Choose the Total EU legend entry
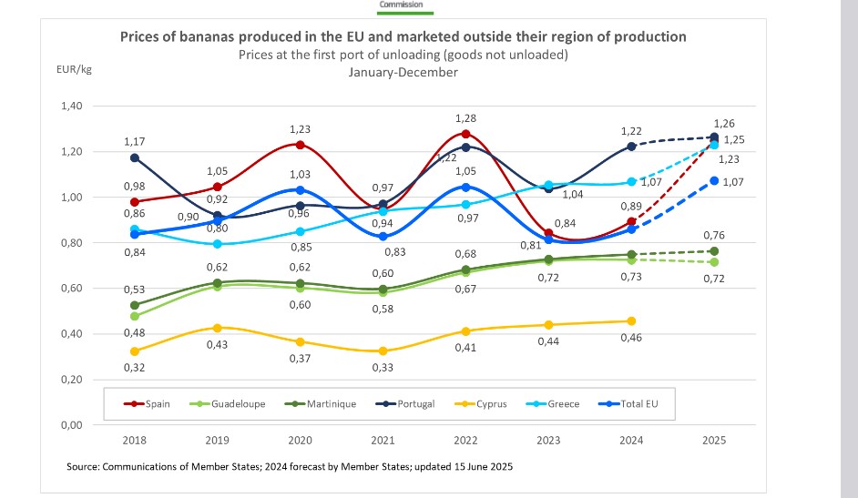(x=635, y=403)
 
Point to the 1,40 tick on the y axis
(x=72, y=107)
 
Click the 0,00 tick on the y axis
(x=72, y=425)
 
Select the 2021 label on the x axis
(x=383, y=441)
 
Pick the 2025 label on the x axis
(x=713, y=441)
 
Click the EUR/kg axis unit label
(x=75, y=67)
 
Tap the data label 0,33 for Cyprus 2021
(x=383, y=368)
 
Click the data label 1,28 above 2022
(x=465, y=118)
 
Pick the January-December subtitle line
(x=403, y=71)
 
